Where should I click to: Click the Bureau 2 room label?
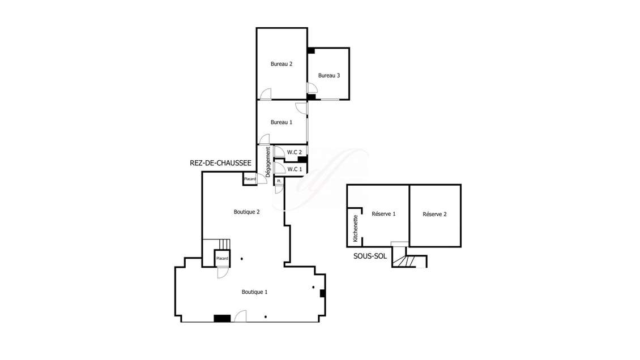[x=281, y=64]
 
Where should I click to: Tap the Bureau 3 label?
[x=329, y=75]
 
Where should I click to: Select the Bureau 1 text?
[x=281, y=122]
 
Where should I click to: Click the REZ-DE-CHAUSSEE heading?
[x=220, y=163]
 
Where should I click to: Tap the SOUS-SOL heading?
[x=370, y=256]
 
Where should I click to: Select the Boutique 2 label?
[x=246, y=212]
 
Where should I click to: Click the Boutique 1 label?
[x=254, y=292]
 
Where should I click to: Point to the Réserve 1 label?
[x=383, y=214]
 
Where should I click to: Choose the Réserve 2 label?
[x=435, y=214]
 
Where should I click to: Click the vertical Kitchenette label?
[x=356, y=229]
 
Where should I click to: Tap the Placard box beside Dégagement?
[x=250, y=179]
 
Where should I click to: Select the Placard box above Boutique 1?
[x=222, y=258]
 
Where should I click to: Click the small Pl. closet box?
[x=279, y=181]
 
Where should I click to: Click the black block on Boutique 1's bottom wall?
[x=222, y=318]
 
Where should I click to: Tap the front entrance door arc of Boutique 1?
[x=240, y=316]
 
